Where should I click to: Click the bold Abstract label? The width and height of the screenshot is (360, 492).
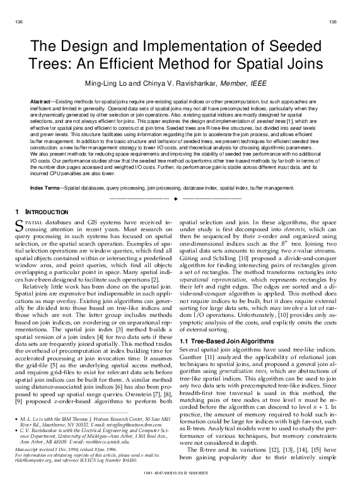(x=41, y=101)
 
